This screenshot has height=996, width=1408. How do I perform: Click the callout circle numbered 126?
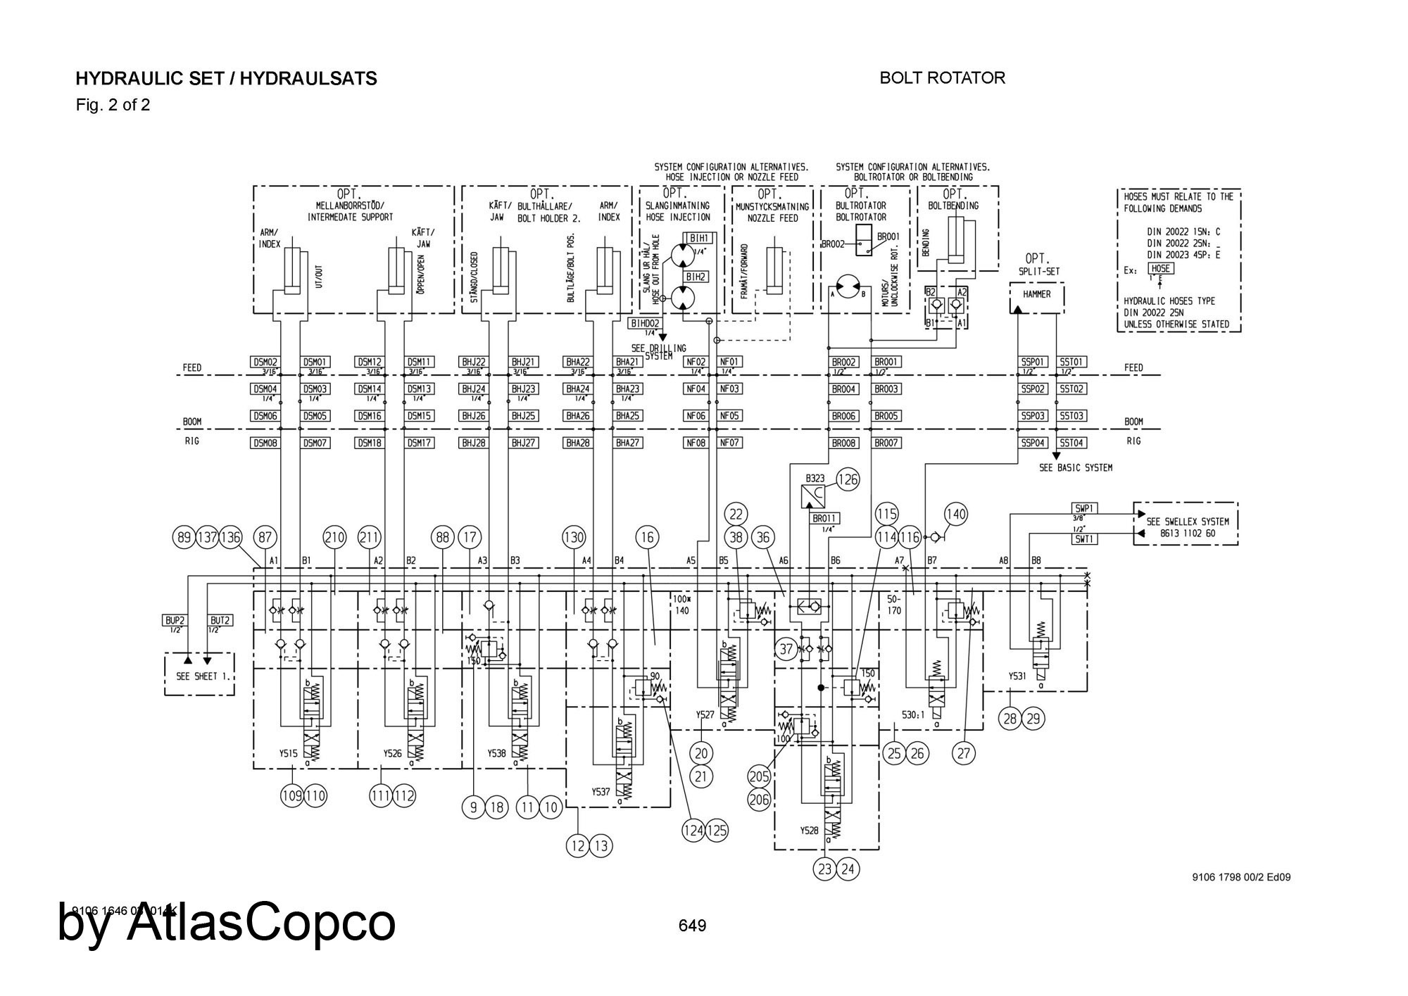(848, 480)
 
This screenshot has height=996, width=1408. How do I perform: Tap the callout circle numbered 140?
(956, 514)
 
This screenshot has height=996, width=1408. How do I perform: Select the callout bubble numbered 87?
(265, 537)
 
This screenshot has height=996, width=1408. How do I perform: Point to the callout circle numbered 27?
(964, 753)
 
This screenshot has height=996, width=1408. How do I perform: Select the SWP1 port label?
(1084, 508)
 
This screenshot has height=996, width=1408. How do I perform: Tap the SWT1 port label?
(1084, 538)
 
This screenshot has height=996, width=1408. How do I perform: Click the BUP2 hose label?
(174, 621)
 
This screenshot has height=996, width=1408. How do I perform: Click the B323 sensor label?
(815, 479)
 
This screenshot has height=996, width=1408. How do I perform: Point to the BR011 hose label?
(824, 518)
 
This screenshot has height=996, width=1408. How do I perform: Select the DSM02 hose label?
(265, 362)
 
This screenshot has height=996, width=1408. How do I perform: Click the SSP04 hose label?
(1033, 443)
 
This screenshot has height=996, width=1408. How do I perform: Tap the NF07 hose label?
(729, 443)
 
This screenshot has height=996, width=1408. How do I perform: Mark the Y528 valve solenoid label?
(809, 831)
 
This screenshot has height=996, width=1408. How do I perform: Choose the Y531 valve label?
(1017, 676)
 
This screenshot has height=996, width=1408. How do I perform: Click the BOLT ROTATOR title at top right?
(942, 78)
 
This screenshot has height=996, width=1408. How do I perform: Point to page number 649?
(692, 926)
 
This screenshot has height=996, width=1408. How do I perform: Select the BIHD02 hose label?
(644, 323)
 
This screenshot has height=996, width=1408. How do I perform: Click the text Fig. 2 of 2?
(113, 106)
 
